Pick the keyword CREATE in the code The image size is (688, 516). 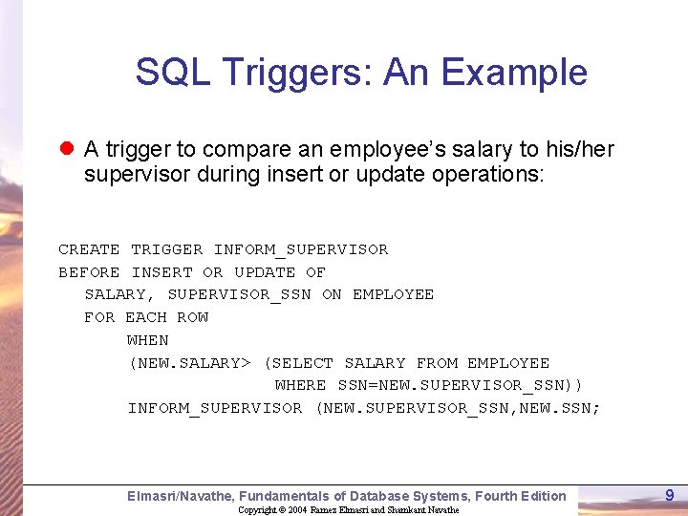pos(89,249)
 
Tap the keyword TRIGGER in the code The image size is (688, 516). pos(166,249)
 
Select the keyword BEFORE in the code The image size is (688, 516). pos(89,272)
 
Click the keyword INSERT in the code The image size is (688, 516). pos(161,272)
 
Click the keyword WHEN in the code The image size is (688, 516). pos(147,340)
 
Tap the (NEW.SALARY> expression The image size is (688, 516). pos(189,363)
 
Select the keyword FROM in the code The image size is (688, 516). pos(437,363)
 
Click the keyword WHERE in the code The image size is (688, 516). pos(300,385)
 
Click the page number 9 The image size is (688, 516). pos(670,495)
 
